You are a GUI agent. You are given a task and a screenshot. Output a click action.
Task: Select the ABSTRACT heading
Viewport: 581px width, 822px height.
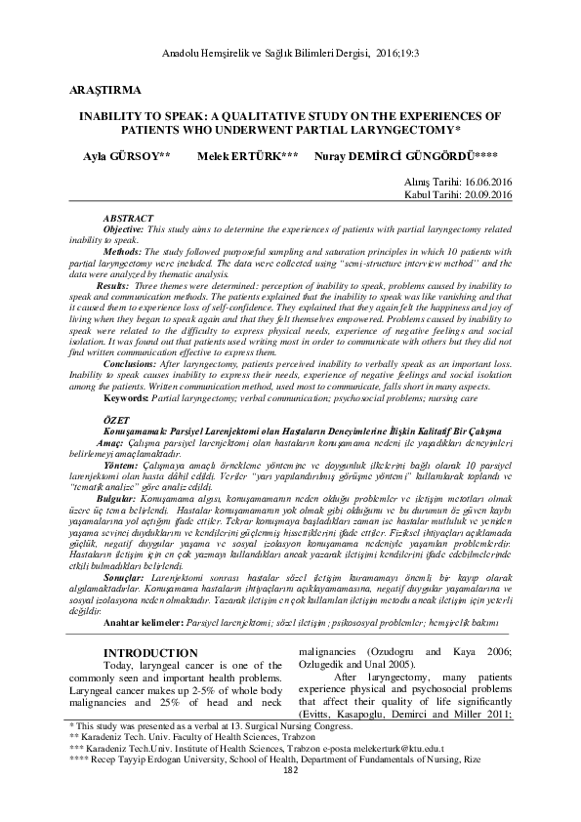point(127,217)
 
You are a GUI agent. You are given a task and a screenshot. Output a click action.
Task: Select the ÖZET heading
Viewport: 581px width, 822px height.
point(117,418)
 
